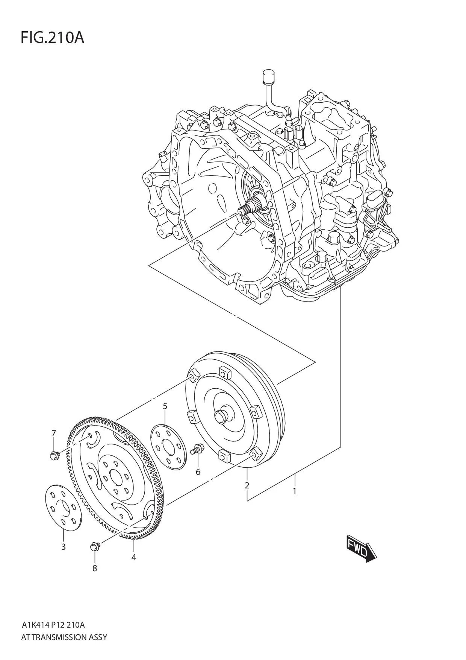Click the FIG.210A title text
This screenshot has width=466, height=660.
click(x=52, y=38)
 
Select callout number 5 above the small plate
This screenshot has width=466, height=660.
click(x=165, y=406)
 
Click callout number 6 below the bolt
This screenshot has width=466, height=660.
click(x=198, y=471)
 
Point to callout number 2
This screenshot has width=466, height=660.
click(x=247, y=485)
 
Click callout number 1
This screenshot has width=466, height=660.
click(x=295, y=491)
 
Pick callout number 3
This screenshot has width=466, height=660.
click(x=64, y=547)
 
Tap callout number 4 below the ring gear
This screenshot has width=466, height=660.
click(x=134, y=557)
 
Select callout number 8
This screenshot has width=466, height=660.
click(x=95, y=568)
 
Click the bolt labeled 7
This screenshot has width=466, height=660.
click(x=54, y=455)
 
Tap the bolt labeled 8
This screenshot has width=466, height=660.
click(x=95, y=546)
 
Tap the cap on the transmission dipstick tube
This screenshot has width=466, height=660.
click(x=268, y=77)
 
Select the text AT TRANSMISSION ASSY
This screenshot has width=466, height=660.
click(x=64, y=637)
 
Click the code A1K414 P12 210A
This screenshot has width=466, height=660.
click(x=53, y=625)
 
